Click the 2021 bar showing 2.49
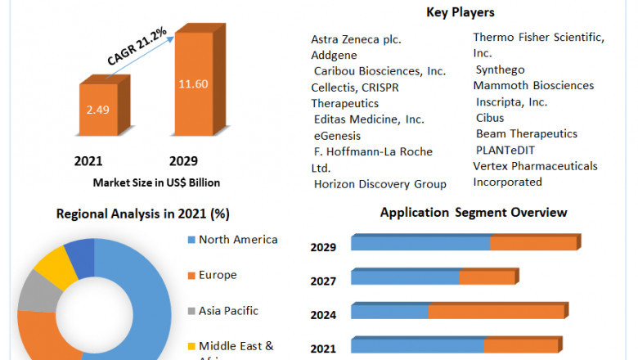98,110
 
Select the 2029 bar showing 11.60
195,83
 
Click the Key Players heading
461,12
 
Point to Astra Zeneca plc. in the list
356,39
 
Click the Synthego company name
500,70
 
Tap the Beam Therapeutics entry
527,133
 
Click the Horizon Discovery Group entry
380,184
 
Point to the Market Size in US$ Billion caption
156,182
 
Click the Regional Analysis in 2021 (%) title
143,214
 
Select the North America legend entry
237,240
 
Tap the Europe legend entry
218,275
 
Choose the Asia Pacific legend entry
228,311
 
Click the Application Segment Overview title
474,213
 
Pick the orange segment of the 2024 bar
496,312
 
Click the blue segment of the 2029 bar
420,244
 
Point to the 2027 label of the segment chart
323,281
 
